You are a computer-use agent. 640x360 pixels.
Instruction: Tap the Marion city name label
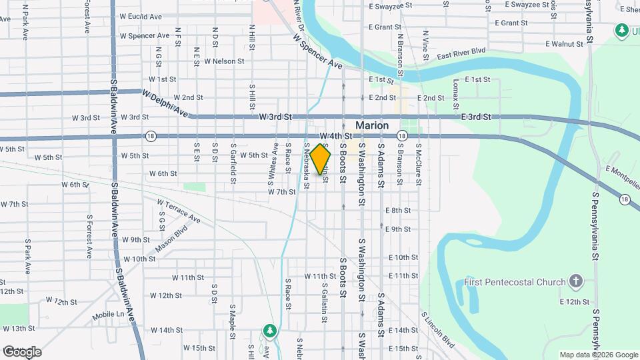[x=372, y=125]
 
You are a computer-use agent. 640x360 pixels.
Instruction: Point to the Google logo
[x=22, y=351]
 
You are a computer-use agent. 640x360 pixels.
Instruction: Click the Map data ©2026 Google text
[x=598, y=355]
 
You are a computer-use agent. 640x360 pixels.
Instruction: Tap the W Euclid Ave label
[x=140, y=16]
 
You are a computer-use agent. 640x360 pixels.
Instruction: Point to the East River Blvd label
[x=461, y=53]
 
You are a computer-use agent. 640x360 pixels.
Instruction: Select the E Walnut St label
[x=564, y=44]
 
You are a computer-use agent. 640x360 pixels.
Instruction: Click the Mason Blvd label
[x=171, y=242]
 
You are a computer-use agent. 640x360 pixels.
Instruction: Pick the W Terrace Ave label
[x=179, y=211]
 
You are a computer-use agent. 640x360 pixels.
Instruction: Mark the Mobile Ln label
[x=110, y=314]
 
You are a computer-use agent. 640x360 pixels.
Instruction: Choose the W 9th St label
[x=136, y=239]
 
